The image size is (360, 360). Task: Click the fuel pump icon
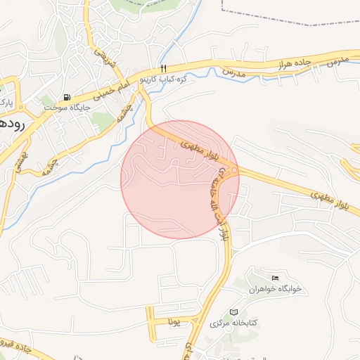(x=67, y=97)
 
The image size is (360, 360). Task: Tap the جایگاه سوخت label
(x=65, y=107)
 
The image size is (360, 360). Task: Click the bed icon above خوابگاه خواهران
(x=275, y=278)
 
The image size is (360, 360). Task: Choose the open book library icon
(x=234, y=312)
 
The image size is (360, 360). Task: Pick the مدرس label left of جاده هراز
(x=233, y=72)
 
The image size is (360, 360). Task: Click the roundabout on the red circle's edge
(x=234, y=171)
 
